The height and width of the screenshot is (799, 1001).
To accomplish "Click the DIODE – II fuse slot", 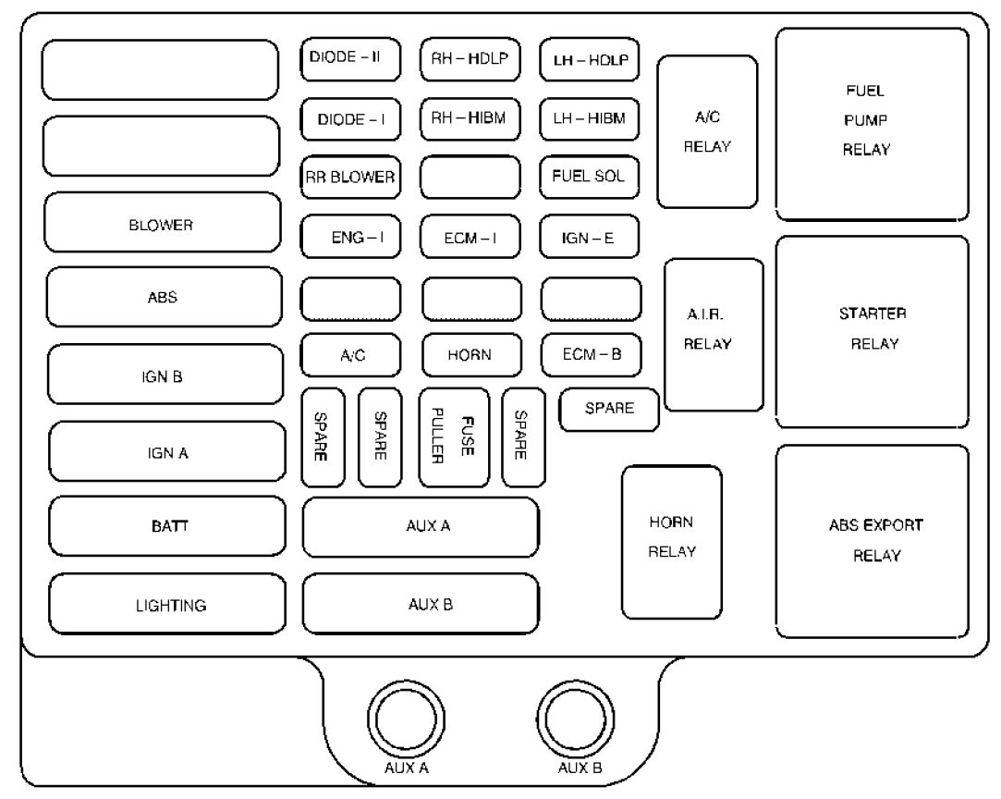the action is [x=350, y=59].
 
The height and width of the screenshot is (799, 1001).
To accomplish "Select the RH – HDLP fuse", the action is [x=470, y=59].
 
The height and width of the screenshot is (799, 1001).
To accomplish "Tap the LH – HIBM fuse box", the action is [x=590, y=118].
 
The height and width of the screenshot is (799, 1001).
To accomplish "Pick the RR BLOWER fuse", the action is [x=350, y=177].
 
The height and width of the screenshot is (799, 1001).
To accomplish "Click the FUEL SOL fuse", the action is [x=590, y=177].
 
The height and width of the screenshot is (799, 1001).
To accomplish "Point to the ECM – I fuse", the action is [x=470, y=237].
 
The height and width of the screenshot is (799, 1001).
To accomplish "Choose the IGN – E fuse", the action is [x=590, y=237].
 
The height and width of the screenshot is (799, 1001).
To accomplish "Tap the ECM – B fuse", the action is [x=592, y=355].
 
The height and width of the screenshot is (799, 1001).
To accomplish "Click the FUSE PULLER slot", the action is [x=454, y=437].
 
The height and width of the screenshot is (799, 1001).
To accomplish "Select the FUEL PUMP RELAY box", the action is [x=872, y=124].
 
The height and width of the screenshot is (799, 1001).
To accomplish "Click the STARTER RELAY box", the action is [x=872, y=332].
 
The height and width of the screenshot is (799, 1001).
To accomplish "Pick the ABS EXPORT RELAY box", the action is [x=872, y=541].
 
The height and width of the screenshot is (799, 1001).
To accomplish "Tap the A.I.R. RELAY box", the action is [x=714, y=335].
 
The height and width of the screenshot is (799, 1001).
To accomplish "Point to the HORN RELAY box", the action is [x=672, y=542].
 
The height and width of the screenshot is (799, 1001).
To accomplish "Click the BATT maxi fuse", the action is [x=167, y=526].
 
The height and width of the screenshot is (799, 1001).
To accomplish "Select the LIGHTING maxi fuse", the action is [x=167, y=604].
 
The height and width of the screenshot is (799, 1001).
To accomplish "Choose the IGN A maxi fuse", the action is [x=167, y=451].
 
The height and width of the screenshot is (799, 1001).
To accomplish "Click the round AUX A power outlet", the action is [x=406, y=719].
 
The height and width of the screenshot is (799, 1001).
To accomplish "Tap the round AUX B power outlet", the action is [x=576, y=719].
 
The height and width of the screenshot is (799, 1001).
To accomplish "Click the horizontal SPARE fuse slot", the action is [x=609, y=410].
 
